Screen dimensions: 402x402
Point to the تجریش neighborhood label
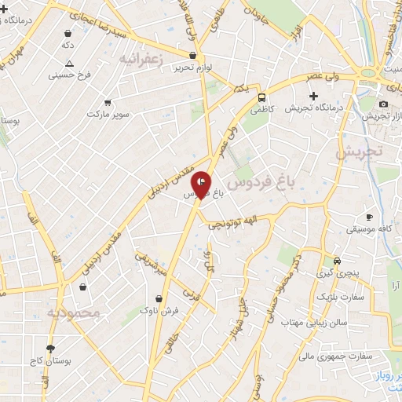coord(364,152)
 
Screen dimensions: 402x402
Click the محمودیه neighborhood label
coord(74,312)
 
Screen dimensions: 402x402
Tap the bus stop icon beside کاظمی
coord(261,97)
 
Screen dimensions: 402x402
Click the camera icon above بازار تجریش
coord(383,104)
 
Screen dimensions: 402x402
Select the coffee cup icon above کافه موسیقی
coord(369,217)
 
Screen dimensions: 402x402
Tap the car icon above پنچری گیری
coord(337,261)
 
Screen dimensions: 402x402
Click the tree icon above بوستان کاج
coord(51,348)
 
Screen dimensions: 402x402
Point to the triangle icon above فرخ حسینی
coord(70,64)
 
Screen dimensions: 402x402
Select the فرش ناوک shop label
coord(160,311)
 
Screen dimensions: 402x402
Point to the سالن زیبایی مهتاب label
coord(316,323)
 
